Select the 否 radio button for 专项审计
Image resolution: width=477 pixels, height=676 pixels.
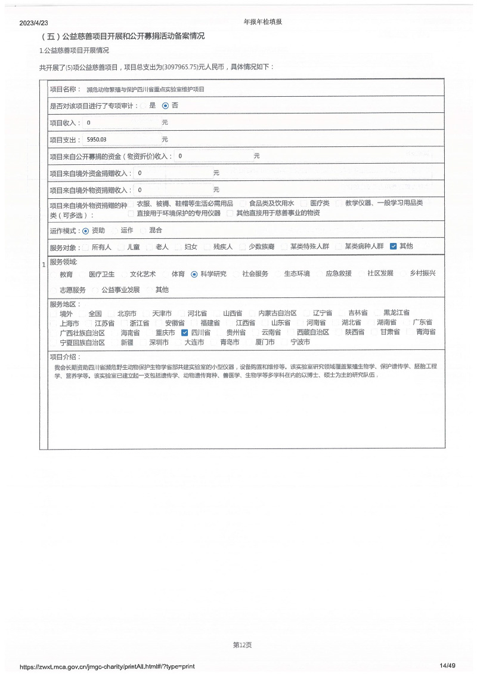pyautogui.click(x=165, y=106)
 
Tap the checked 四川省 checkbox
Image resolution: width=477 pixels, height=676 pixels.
pyautogui.click(x=185, y=333)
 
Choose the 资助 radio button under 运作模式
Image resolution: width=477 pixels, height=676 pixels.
pyautogui.click(x=86, y=231)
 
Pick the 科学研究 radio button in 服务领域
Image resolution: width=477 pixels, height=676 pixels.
pyautogui.click(x=194, y=275)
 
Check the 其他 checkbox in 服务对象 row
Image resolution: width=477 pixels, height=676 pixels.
pyautogui.click(x=393, y=246)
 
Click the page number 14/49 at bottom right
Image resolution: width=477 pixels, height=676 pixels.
pyautogui.click(x=447, y=666)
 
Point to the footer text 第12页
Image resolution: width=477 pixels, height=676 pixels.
pyautogui.click(x=242, y=644)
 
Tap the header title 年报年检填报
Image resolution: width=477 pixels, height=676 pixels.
pyautogui.click(x=262, y=21)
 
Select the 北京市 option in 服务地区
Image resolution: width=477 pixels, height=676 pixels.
pyautogui.click(x=126, y=313)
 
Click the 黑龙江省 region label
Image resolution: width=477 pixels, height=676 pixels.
pyautogui.click(x=397, y=313)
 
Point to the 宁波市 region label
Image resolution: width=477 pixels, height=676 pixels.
pyautogui.click(x=300, y=342)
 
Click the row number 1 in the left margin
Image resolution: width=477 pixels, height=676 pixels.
pyautogui.click(x=44, y=264)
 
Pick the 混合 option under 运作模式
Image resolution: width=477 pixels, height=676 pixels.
pyautogui.click(x=155, y=231)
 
